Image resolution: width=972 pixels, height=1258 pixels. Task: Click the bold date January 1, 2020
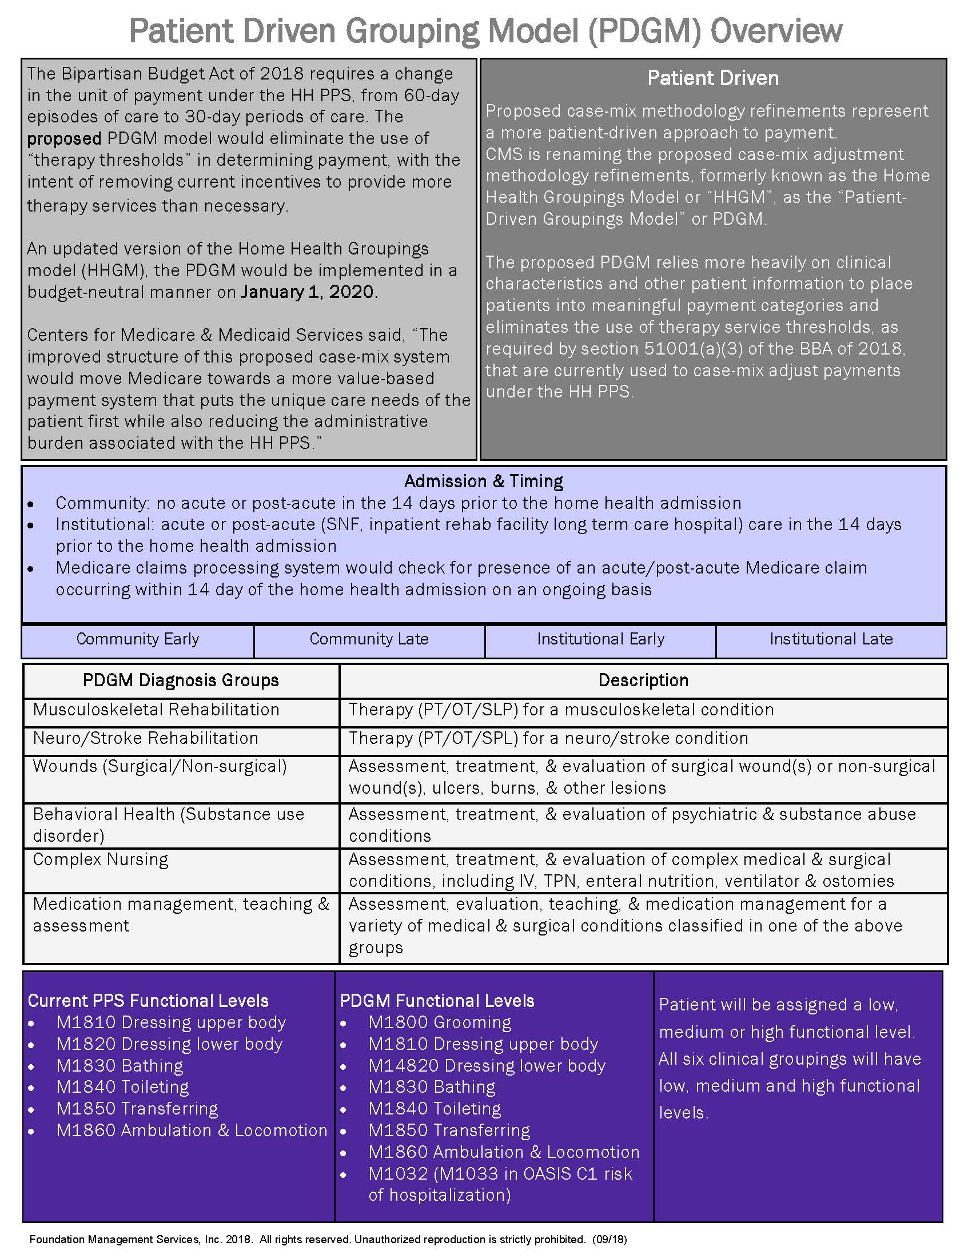[309, 292]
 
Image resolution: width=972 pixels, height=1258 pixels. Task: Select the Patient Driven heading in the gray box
[712, 78]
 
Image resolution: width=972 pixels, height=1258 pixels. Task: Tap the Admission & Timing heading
[484, 481]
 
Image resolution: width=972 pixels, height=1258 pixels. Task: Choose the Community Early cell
[138, 639]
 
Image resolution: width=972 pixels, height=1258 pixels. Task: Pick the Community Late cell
[369, 639]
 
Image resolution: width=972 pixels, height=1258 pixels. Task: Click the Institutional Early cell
[600, 639]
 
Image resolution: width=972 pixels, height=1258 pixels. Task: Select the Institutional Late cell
[831, 639]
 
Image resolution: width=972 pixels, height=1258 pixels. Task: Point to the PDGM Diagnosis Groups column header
[181, 680]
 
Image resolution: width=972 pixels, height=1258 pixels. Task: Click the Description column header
[643, 680]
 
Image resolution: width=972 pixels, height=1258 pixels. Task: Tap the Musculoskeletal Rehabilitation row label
[156, 710]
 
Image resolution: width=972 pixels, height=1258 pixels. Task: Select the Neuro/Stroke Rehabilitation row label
[146, 738]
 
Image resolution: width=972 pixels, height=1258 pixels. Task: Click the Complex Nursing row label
[101, 859]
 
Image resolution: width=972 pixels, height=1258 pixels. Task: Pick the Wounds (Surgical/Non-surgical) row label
[160, 766]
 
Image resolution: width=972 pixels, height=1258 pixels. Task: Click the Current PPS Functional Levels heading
[148, 1001]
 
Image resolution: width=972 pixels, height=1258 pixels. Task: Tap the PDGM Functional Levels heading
[437, 1001]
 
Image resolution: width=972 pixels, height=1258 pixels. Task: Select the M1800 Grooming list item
[440, 1022]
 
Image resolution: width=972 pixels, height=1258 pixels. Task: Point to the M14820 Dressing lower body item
[487, 1066]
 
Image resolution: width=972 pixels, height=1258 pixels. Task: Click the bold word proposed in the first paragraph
[64, 139]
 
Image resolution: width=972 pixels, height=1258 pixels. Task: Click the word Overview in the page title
[776, 31]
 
